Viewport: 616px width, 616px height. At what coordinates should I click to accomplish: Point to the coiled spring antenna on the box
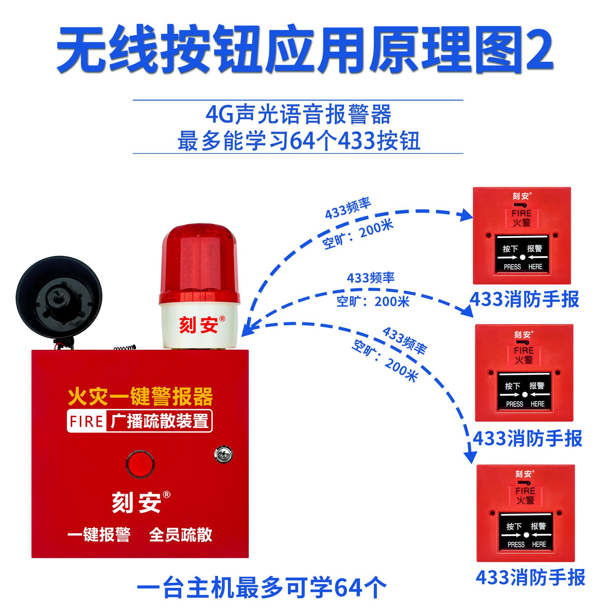point(124,347)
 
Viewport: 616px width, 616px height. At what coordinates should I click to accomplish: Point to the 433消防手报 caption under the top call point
point(525,299)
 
